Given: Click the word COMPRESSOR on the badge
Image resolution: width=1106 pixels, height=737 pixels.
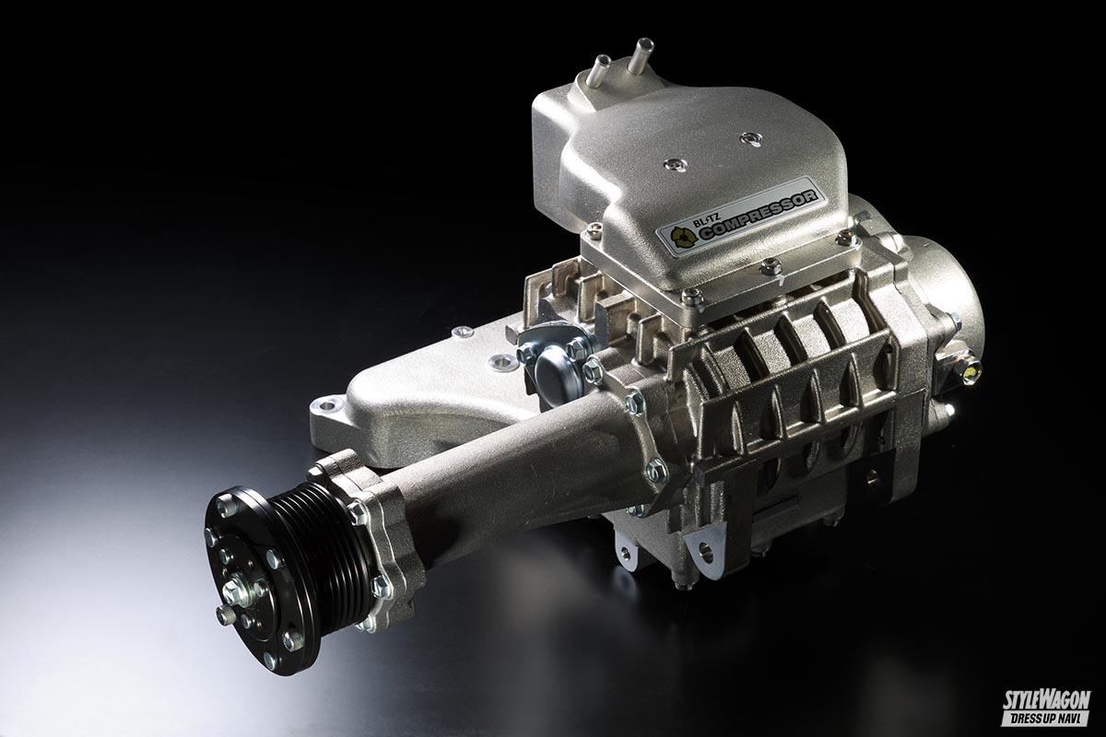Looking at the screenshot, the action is [x=758, y=215].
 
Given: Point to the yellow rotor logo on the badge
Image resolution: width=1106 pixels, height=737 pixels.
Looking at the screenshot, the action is [x=683, y=238].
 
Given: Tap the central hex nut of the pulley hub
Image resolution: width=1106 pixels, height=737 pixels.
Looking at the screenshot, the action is [x=233, y=590].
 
